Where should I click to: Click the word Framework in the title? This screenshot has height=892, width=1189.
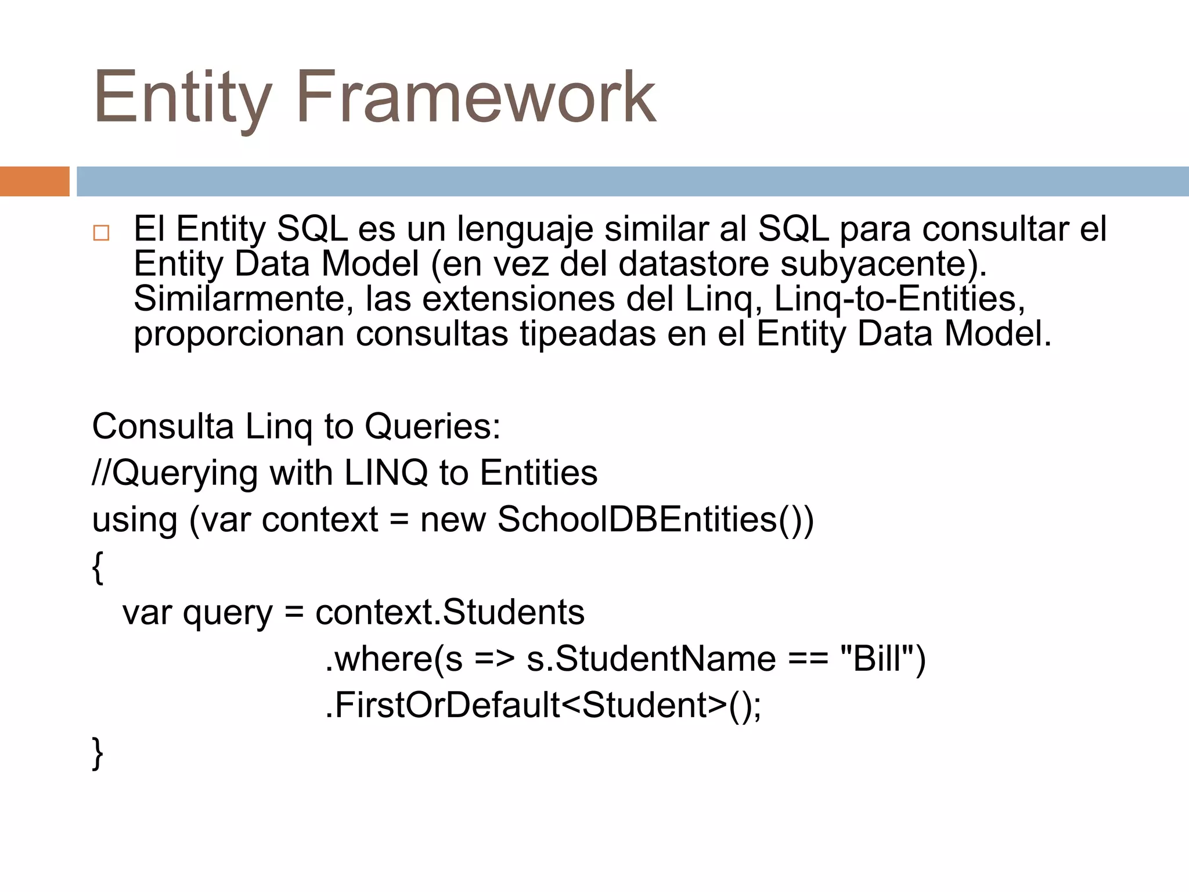click(x=476, y=97)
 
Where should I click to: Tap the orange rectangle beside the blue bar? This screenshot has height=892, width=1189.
click(x=34, y=181)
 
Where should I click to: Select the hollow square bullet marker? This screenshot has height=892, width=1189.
click(x=101, y=233)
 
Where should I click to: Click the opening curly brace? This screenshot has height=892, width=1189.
click(x=98, y=567)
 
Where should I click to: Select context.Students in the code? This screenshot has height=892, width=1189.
click(x=450, y=612)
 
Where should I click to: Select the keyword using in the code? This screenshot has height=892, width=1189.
click(x=135, y=520)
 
